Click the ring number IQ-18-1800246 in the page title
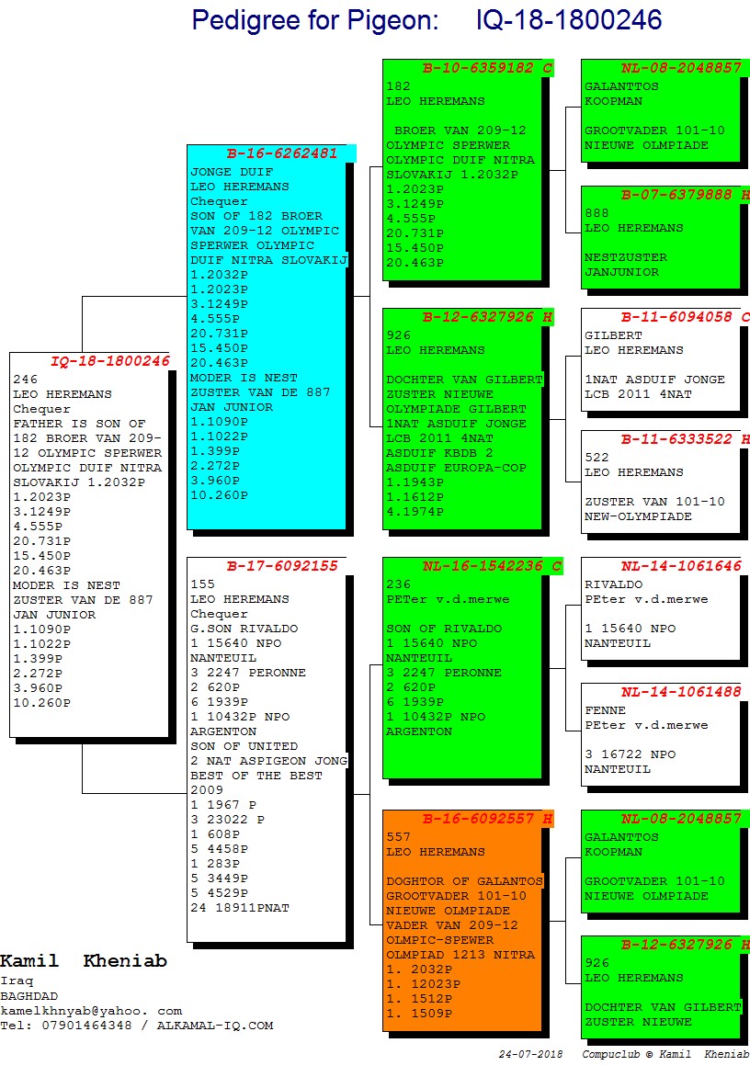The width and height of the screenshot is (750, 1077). coord(569,20)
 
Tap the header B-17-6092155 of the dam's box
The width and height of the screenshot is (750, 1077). coord(282,566)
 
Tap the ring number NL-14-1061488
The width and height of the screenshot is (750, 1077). coord(681,692)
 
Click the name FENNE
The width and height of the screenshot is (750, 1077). coord(605,710)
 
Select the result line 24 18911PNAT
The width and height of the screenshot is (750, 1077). coord(240,908)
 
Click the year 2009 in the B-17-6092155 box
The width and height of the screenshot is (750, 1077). coord(207,790)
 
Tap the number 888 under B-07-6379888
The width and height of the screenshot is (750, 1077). coord(596,213)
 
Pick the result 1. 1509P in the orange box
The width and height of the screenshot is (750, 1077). coord(419,1014)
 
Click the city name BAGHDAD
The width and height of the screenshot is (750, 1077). coord(28,995)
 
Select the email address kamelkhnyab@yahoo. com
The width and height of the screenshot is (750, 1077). coord(91,1010)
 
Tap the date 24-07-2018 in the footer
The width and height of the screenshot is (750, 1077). coord(530,1054)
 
